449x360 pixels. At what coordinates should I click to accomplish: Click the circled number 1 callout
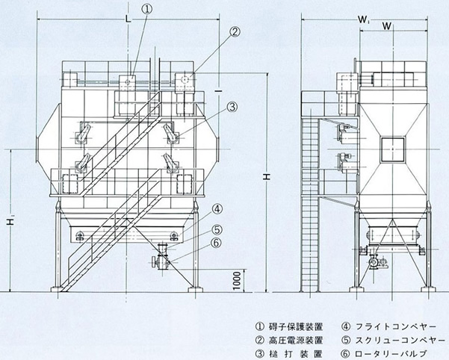tap(148, 10)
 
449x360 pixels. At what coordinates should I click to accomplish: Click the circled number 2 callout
tap(234, 31)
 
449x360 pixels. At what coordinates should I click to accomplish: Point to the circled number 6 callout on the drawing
tap(217, 243)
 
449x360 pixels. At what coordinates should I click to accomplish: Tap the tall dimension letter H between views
tap(267, 177)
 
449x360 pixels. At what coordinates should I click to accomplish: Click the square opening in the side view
tap(391, 149)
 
